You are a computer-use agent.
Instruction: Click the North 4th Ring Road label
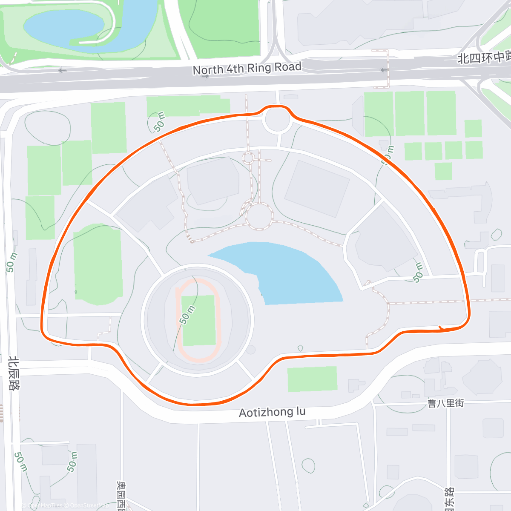click(247, 69)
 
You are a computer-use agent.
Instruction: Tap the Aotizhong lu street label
click(272, 412)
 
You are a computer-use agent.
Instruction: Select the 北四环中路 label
click(483, 57)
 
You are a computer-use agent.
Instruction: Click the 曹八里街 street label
click(446, 403)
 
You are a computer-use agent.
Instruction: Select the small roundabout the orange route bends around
click(277, 120)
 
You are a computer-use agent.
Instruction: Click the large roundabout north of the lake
click(259, 216)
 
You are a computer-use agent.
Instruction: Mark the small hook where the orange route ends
click(441, 328)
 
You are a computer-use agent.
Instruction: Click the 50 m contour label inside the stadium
click(187, 315)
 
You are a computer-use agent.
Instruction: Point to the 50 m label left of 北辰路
click(11, 262)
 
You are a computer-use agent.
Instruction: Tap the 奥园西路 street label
click(121, 496)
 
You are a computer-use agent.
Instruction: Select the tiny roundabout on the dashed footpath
click(248, 158)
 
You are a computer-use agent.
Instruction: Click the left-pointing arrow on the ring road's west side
click(63, 70)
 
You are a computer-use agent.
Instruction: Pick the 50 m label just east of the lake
click(418, 273)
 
